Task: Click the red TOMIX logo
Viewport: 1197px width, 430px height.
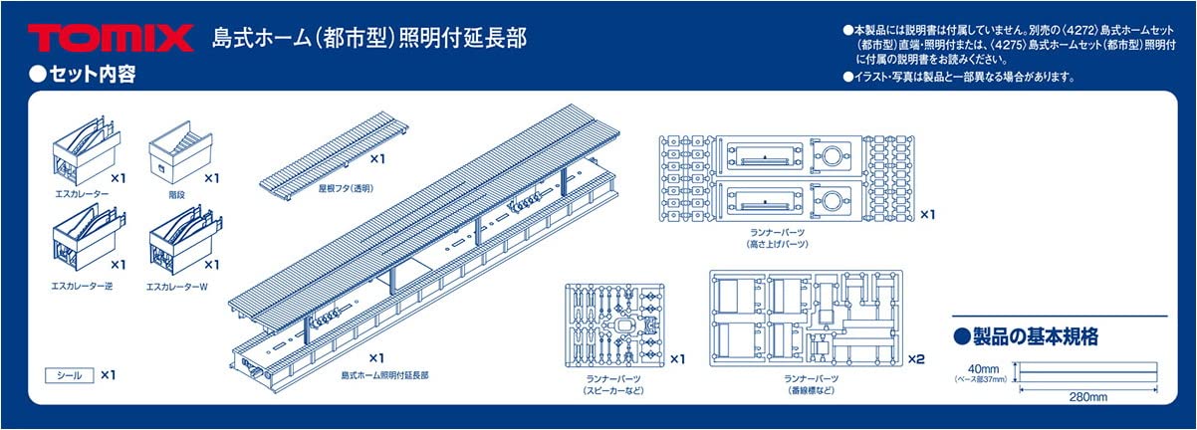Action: click(110, 38)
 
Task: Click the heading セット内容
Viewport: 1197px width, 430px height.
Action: click(82, 75)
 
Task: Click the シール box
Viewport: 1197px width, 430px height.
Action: click(70, 376)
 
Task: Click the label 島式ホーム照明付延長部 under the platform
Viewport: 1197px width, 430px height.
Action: click(384, 375)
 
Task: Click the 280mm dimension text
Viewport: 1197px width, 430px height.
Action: click(1083, 396)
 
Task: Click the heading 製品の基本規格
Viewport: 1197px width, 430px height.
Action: click(1026, 336)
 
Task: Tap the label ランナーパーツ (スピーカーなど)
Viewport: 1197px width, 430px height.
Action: click(613, 384)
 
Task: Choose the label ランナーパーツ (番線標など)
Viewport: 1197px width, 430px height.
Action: click(811, 384)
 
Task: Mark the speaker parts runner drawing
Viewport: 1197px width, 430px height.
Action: click(614, 323)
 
